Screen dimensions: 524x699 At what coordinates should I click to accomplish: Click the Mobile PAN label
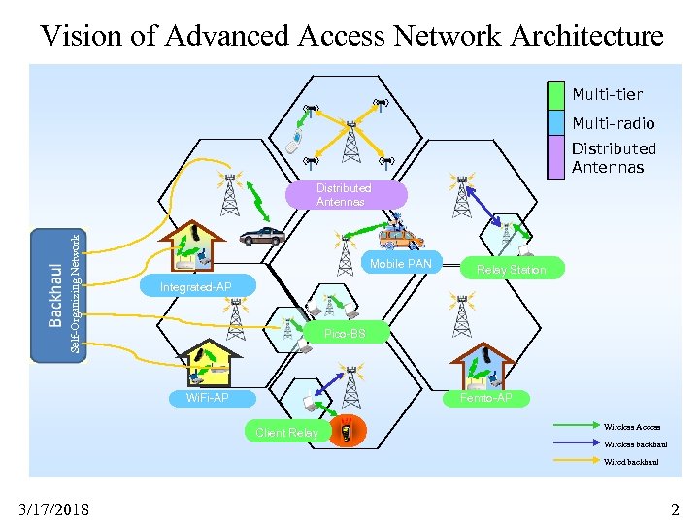pyautogui.click(x=400, y=264)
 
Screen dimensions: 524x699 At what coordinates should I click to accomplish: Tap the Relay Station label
pyautogui.click(x=511, y=270)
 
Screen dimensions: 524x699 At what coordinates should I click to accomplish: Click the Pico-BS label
pyautogui.click(x=345, y=334)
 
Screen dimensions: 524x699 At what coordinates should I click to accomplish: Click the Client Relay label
pyautogui.click(x=286, y=432)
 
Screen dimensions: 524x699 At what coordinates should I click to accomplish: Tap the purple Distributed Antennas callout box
pyautogui.click(x=344, y=195)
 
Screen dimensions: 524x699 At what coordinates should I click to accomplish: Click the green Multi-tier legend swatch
pyautogui.click(x=555, y=95)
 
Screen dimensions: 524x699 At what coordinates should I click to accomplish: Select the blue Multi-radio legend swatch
pyautogui.click(x=555, y=123)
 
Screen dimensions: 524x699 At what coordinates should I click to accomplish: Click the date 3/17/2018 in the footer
pyautogui.click(x=53, y=508)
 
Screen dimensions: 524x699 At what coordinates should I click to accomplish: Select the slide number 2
pyautogui.click(x=675, y=508)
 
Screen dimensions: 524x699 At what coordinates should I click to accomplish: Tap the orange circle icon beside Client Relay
pyautogui.click(x=342, y=432)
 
